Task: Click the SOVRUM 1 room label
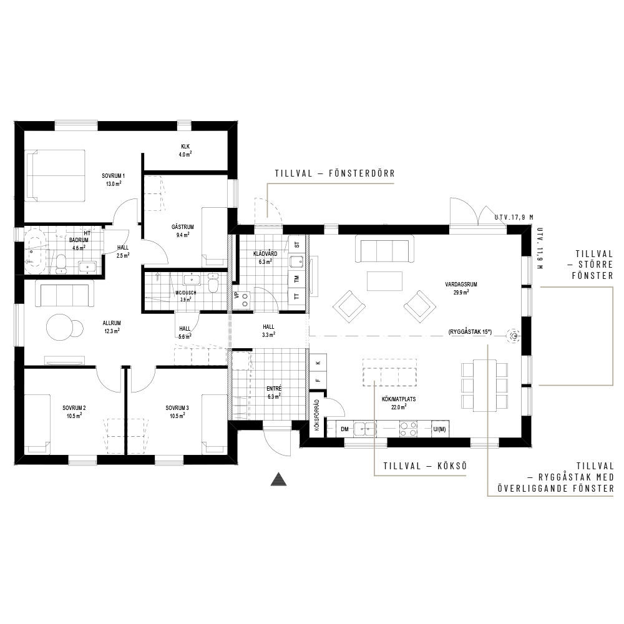pos(114,176)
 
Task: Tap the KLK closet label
pos(185,147)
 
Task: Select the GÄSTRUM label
pos(183,227)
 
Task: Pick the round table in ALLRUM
pos(60,327)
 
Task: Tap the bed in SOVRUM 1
pos(56,175)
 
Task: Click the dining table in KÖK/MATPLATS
pos(484,385)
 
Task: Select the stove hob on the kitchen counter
pos(409,429)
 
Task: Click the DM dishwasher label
pos(344,429)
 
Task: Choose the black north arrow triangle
pos(278,479)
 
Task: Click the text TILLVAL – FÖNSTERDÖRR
pos(334,173)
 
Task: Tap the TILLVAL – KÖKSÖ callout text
pos(425,466)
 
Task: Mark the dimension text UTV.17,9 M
pos(514,217)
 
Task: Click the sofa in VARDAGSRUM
pos(384,249)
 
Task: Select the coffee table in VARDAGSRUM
pos(384,281)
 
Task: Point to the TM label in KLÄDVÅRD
pos(296,279)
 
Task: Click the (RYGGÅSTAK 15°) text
pos(470,331)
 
